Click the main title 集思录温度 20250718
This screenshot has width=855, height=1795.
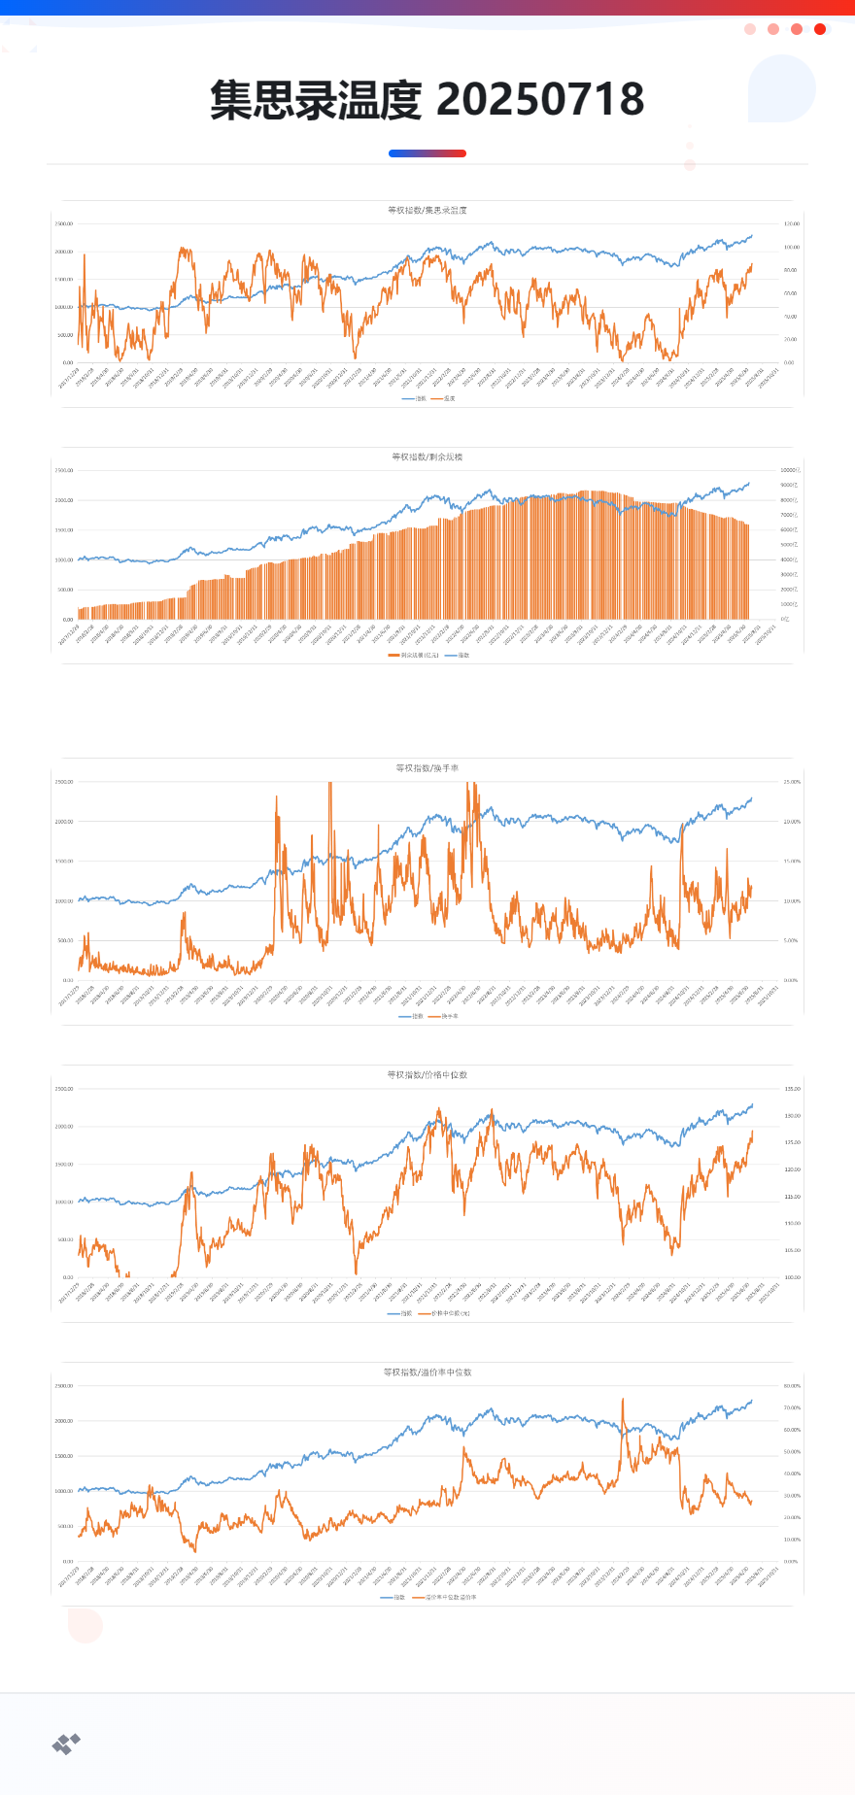[427, 100]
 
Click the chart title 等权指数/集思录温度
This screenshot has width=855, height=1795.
[427, 210]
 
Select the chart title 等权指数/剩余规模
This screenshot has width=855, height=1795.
[427, 457]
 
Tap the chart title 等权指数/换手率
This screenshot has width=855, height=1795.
[427, 768]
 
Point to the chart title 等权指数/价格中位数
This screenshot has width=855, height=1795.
[427, 1075]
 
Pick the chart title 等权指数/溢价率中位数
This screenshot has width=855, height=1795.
[427, 1372]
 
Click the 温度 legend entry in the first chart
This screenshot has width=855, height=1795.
[446, 398]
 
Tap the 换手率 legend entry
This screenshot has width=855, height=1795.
[447, 1016]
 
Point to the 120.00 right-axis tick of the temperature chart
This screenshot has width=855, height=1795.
[792, 224]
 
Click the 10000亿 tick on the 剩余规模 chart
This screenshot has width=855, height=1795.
[790, 470]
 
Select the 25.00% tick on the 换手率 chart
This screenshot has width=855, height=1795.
[792, 782]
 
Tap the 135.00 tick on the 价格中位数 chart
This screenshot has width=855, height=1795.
[792, 1089]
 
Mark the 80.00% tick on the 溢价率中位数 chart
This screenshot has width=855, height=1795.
[792, 1386]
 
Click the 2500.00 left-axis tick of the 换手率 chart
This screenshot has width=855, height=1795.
[64, 782]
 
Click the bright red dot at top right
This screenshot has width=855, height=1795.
[820, 29]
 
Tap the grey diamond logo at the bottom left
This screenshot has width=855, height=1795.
[66, 1744]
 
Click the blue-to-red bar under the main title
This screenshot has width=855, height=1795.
[427, 153]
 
